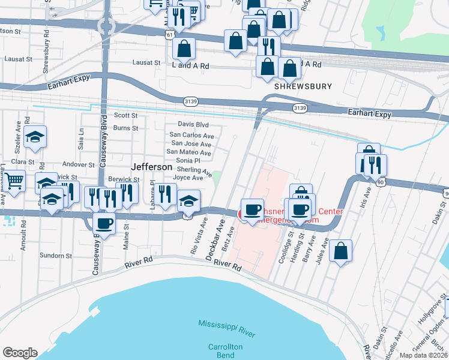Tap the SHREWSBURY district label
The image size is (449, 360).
tap(303, 86)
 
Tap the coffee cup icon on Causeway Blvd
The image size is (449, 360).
tap(105, 224)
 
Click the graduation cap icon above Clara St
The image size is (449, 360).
tap(35, 137)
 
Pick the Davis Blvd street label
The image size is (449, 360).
tap(193, 124)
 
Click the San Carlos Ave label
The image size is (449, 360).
tap(190, 135)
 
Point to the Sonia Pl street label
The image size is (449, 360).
tap(187, 161)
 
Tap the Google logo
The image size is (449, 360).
tap(20, 353)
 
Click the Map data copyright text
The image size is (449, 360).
tap(422, 355)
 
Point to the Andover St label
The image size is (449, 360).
tap(79, 164)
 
